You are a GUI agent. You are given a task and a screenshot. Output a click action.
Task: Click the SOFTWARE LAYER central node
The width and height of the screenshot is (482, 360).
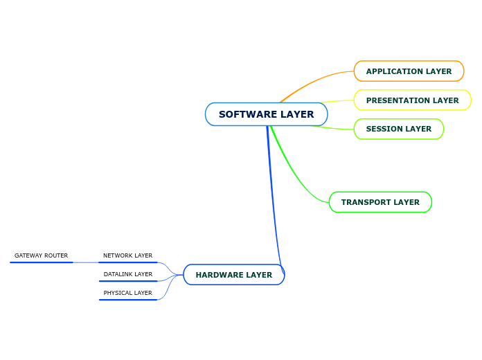pos(266,114)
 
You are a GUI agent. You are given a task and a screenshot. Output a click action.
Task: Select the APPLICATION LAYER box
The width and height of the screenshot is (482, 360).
pos(409,71)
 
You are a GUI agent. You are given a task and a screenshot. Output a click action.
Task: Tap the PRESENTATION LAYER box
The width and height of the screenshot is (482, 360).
pos(412,100)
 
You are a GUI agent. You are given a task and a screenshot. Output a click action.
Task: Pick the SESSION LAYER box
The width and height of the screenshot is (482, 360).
pos(398,129)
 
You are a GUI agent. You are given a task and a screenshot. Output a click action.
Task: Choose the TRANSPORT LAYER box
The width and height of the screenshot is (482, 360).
pos(380,202)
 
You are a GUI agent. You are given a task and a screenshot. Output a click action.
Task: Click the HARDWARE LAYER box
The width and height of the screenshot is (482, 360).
pos(233,275)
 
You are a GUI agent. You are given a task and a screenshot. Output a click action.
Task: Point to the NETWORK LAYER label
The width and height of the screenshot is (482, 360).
pos(127,255)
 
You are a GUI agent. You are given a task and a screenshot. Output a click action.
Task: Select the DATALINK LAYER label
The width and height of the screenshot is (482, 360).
pos(127,274)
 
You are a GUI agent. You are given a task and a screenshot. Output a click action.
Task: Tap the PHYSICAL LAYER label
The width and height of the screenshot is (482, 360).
pos(127,293)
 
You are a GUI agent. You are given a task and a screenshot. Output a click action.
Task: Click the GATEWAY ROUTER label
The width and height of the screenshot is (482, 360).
pos(41,255)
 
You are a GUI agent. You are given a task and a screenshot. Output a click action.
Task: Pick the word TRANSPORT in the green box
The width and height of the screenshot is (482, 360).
pos(361,202)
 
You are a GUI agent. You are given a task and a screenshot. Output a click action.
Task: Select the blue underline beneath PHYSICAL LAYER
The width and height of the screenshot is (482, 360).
pos(127,300)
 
